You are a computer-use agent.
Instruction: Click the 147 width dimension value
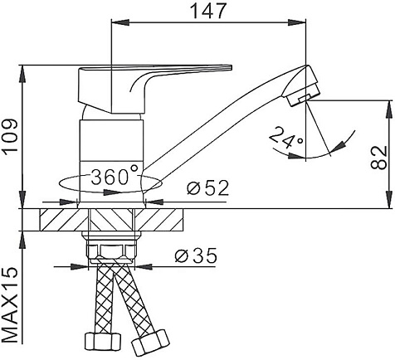[209, 11]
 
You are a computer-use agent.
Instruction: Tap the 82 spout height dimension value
[378, 158]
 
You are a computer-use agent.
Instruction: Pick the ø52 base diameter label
[207, 188]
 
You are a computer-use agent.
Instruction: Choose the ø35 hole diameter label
[196, 255]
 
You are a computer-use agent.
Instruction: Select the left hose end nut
[102, 341]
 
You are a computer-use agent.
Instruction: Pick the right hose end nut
[150, 342]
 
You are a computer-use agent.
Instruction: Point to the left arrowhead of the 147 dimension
[119, 22]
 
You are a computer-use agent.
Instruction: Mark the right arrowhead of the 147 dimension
[297, 22]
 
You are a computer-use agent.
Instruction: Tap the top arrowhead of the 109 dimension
[22, 74]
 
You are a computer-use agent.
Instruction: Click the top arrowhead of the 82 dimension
[390, 110]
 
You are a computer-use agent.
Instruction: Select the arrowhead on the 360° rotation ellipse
[112, 192]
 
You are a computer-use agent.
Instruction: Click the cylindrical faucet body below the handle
[111, 160]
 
